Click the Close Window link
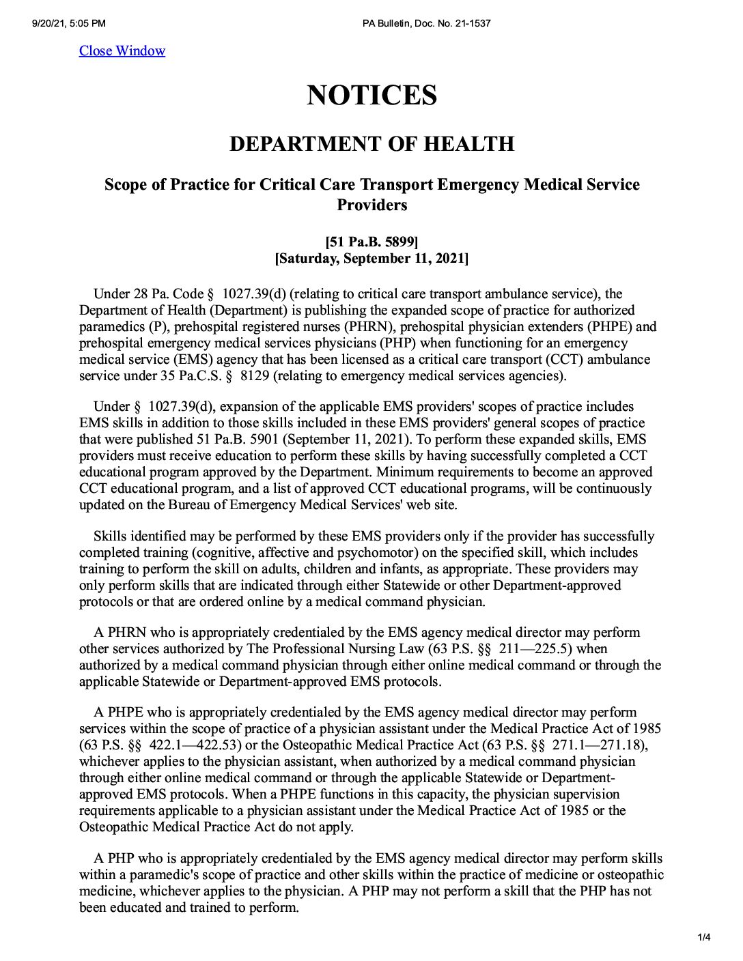click(x=122, y=51)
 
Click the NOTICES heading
click(x=371, y=95)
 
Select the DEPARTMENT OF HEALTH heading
click(x=371, y=144)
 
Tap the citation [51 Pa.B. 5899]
click(x=371, y=242)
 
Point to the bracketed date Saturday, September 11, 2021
click(x=371, y=259)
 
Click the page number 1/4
click(x=704, y=937)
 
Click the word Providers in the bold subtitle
click(x=371, y=205)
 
